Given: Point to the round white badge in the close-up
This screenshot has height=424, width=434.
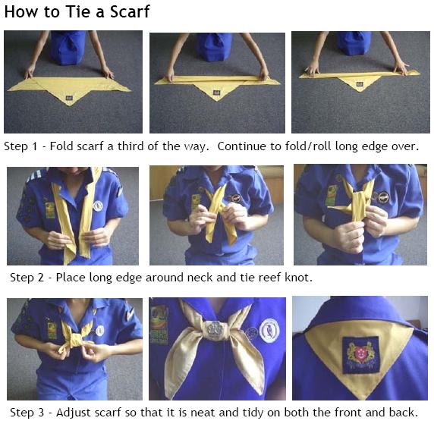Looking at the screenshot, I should [x=269, y=329].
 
